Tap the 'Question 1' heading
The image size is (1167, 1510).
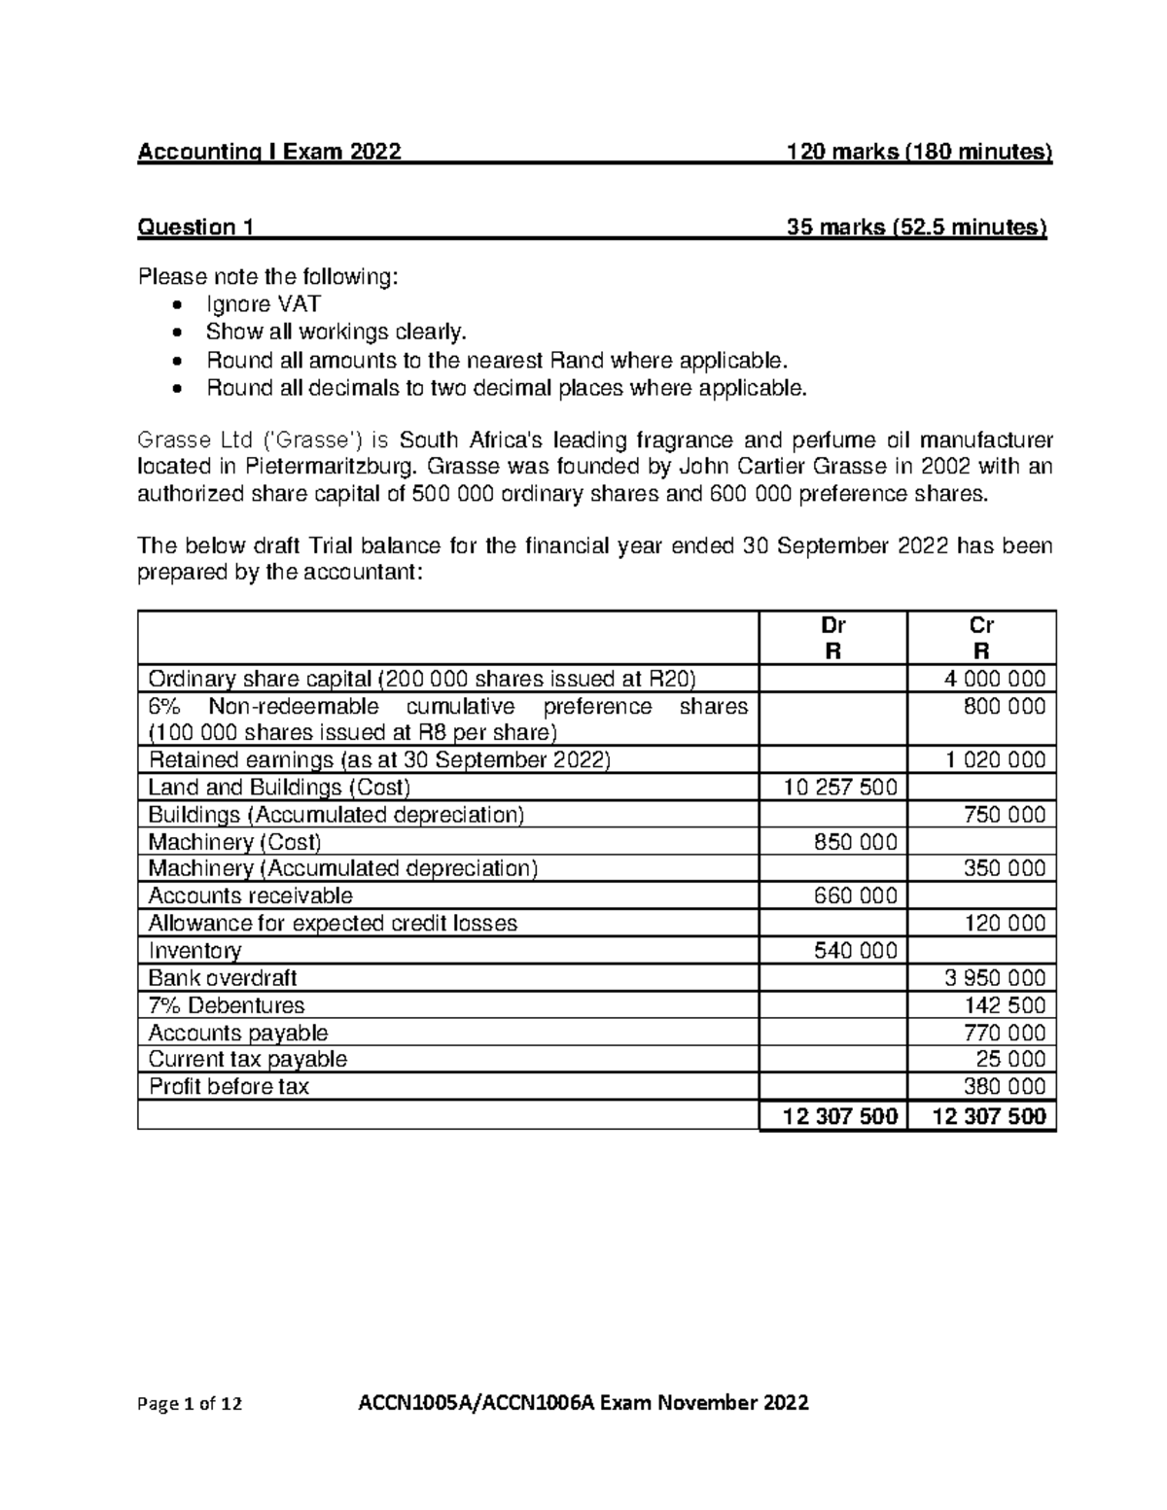(x=195, y=228)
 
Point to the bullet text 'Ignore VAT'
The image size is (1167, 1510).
(x=263, y=304)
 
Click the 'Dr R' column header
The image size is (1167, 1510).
(x=832, y=638)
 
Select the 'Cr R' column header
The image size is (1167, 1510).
(x=981, y=638)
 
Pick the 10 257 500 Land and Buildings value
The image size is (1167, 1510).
(x=839, y=787)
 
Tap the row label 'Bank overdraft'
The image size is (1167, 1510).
(x=222, y=977)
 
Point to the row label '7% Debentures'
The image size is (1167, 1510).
(x=226, y=1005)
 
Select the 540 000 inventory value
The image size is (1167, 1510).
(x=855, y=950)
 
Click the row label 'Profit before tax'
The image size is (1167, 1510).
(x=228, y=1086)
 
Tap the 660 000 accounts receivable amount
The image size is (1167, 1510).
(x=855, y=895)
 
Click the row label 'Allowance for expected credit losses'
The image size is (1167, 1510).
(x=333, y=923)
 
